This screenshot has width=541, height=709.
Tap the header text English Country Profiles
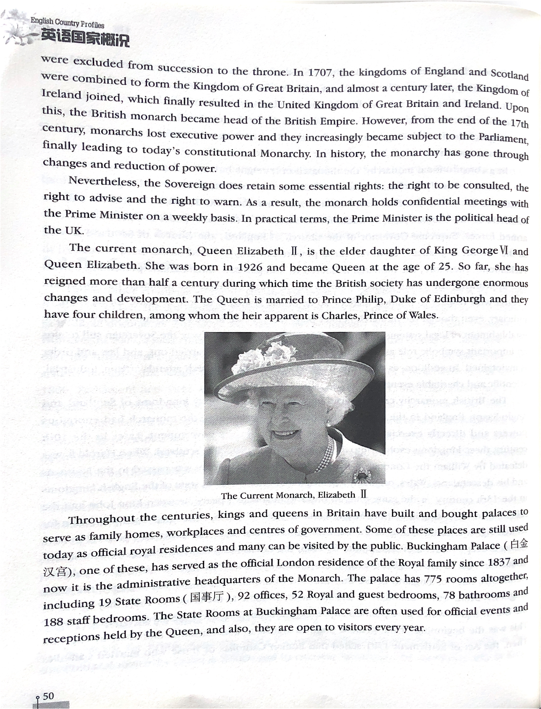[x=67, y=23]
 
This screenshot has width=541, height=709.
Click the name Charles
[x=341, y=315]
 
